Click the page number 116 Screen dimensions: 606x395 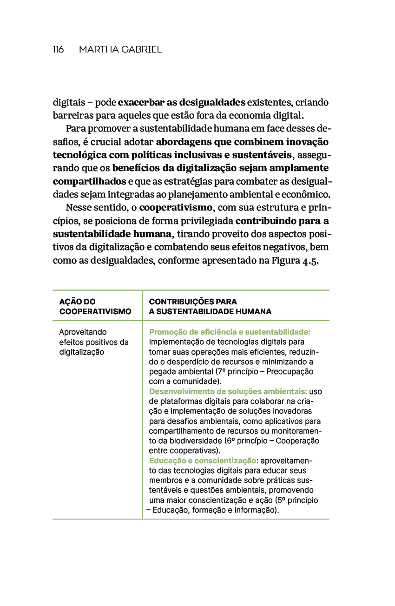58,49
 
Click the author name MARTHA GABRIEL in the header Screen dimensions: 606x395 120,49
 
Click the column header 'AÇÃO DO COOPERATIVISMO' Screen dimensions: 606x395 95,307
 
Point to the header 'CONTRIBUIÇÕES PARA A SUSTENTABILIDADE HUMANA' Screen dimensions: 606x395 210,307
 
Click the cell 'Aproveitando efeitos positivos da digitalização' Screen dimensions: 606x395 93,342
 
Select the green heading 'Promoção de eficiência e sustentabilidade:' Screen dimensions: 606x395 230,332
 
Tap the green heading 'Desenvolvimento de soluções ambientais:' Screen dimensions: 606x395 228,392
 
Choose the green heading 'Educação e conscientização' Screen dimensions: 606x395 202,461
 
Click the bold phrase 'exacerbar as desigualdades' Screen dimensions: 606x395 182,102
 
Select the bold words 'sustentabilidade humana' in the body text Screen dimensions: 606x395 112,234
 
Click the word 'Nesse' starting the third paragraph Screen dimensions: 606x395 78,207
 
